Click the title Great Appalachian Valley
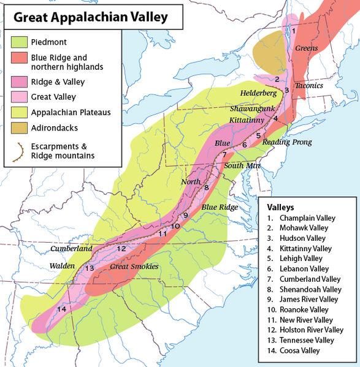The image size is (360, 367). tap(90, 17)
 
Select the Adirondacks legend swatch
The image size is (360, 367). tap(18, 128)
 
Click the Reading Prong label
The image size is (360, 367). tap(287, 142)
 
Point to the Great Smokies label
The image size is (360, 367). tap(134, 267)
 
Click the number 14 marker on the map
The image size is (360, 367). tap(61, 309)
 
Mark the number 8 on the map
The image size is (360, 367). tap(207, 187)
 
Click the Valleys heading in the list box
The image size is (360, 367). tap(281, 206)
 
